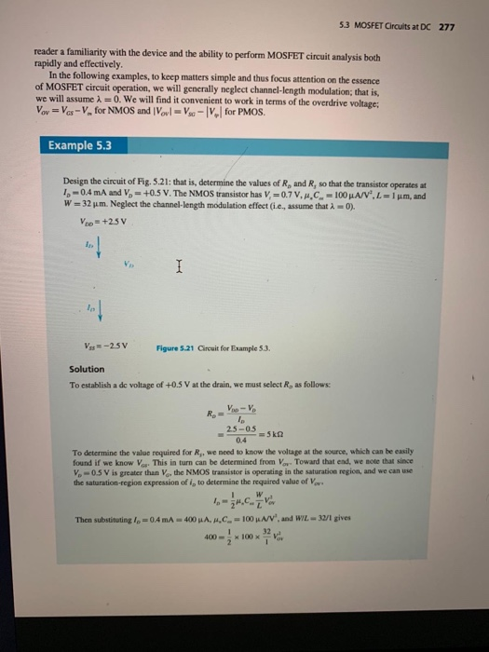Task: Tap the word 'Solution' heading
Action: click(88, 369)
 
